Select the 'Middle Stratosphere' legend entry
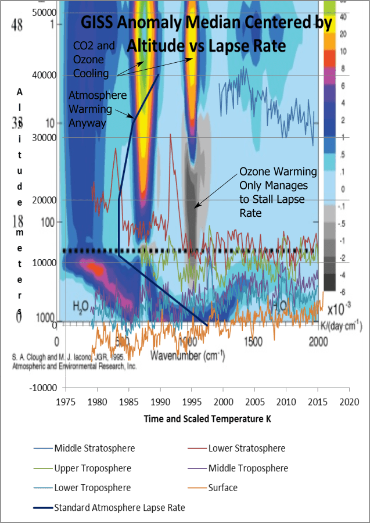point(94,449)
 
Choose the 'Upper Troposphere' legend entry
point(92,468)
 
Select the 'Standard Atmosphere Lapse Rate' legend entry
point(119,507)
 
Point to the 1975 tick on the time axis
point(66,402)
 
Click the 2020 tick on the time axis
point(349,402)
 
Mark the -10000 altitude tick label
point(42,388)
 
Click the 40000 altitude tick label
point(44,75)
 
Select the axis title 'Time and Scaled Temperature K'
point(207,418)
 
